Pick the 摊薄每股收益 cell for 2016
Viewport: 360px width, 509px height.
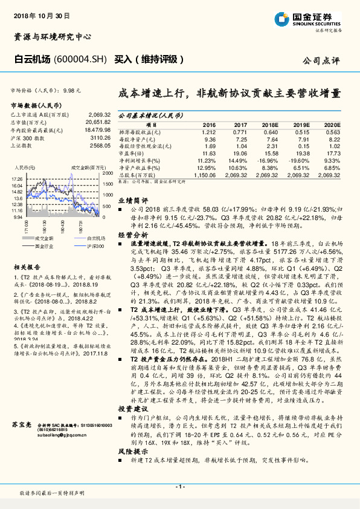tap(208, 132)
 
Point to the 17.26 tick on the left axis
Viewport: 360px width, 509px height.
tap(17, 180)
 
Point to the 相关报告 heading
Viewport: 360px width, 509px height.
tap(26, 266)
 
